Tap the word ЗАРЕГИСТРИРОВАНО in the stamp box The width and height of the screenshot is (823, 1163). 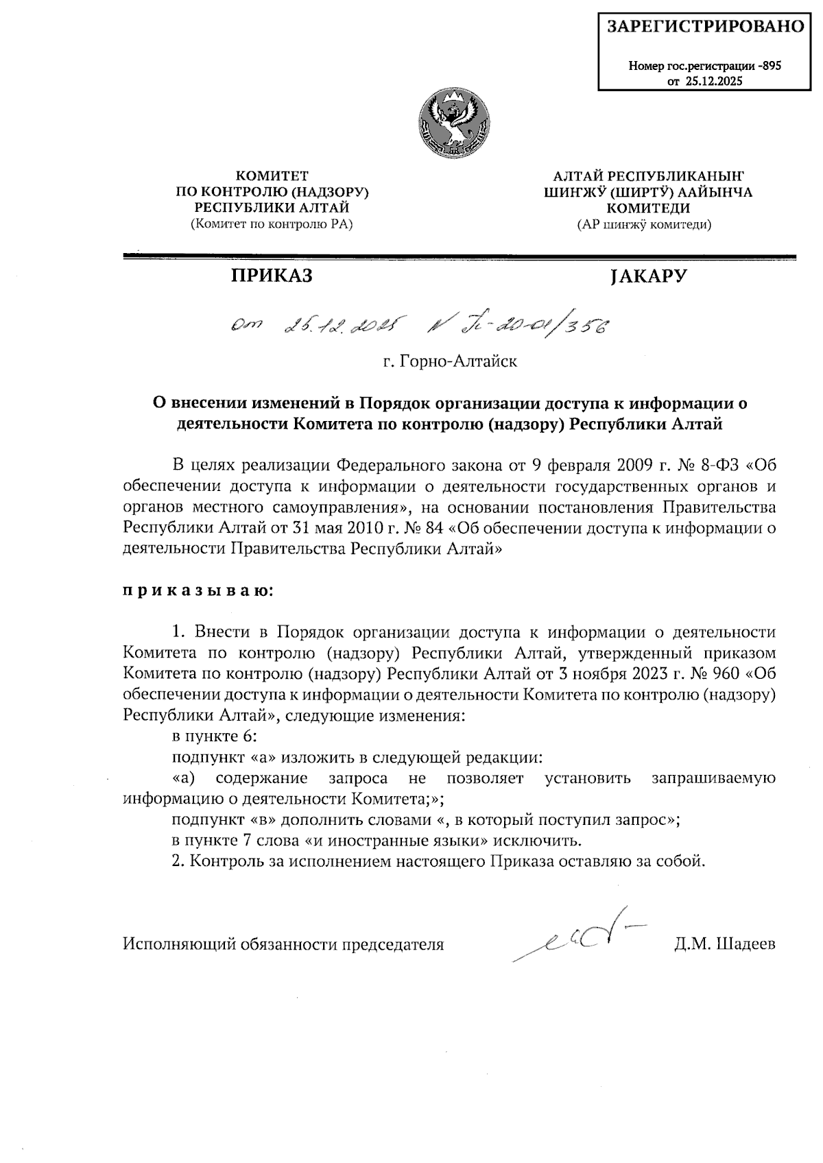click(706, 27)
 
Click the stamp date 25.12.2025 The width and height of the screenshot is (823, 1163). click(713, 81)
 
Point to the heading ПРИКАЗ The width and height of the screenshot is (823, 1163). click(271, 276)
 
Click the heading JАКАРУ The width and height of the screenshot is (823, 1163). click(648, 276)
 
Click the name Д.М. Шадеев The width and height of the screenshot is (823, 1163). click(725, 944)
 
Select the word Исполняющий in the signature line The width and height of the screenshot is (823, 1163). click(177, 944)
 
